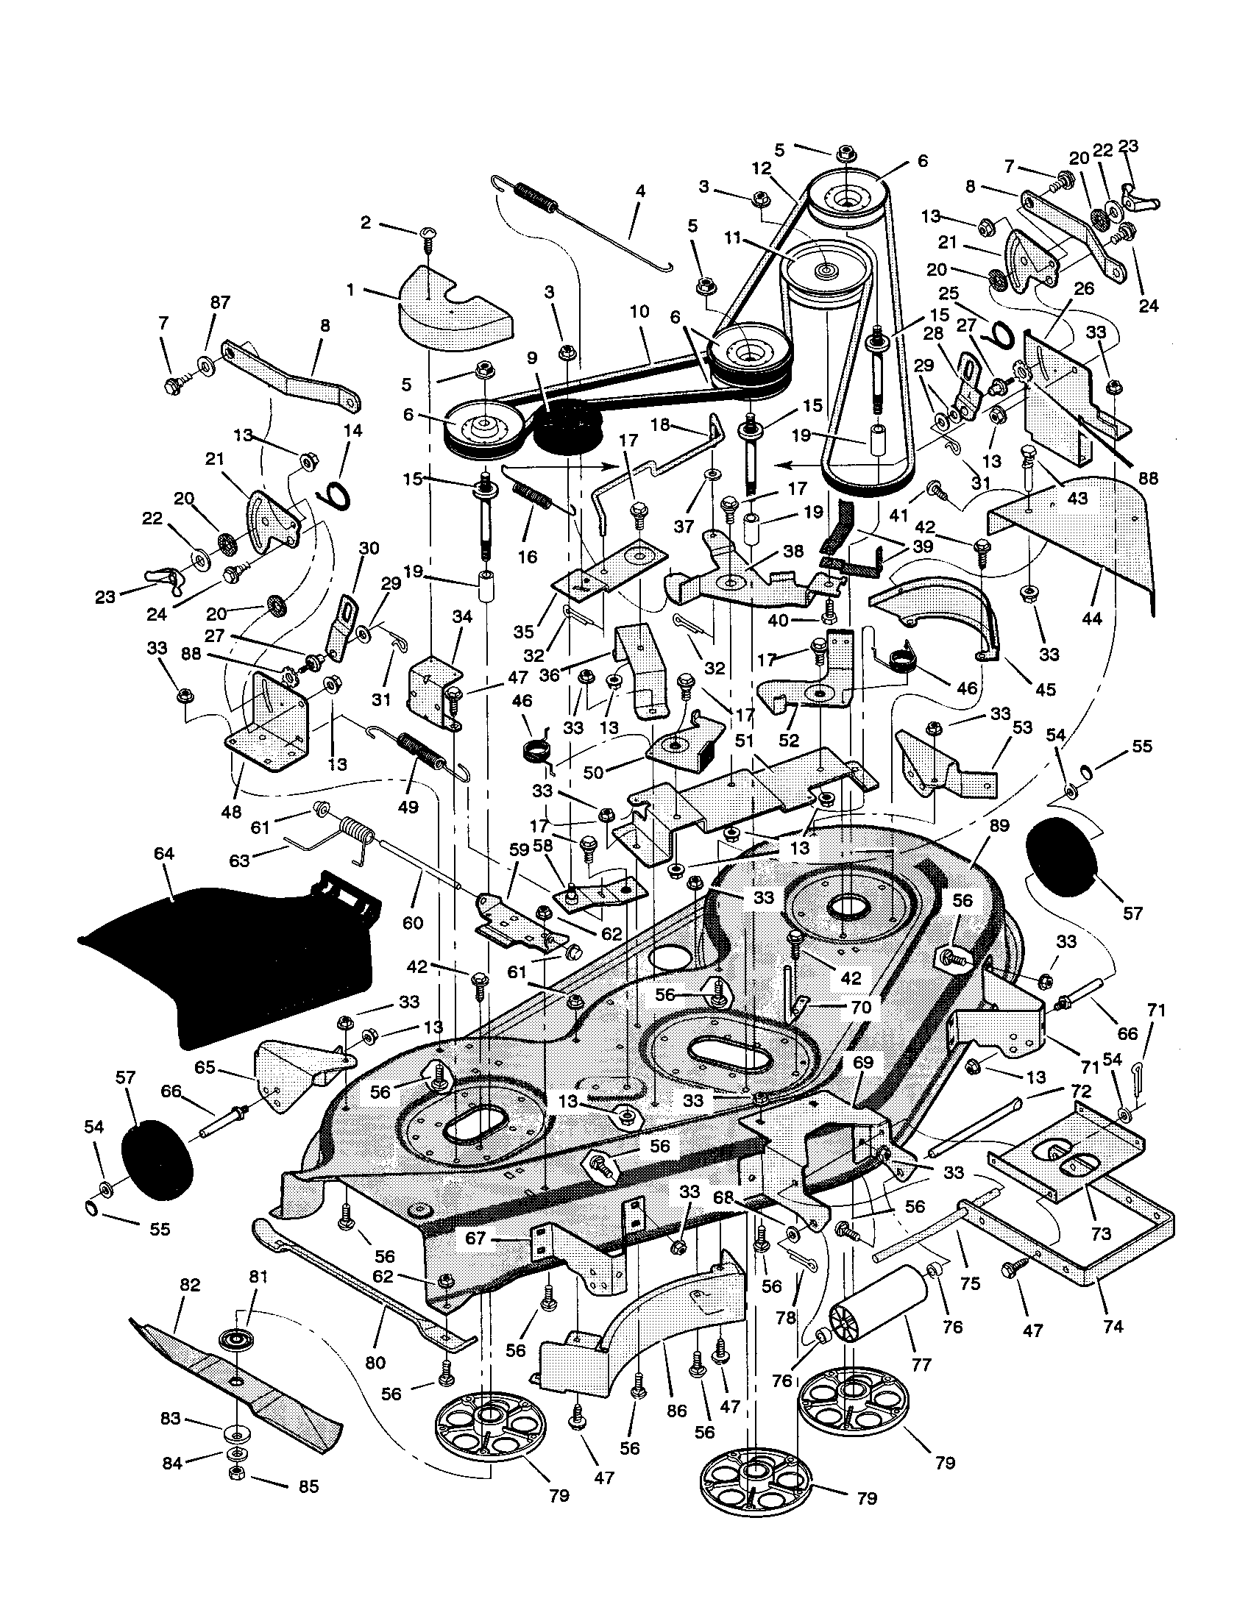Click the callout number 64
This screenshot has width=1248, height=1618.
tap(164, 853)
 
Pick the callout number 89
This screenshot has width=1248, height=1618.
tap(999, 825)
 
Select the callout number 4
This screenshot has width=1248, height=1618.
tap(639, 191)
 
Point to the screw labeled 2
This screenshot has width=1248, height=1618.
tap(428, 235)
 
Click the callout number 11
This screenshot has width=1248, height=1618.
tap(733, 238)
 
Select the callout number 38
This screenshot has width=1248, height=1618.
tap(793, 552)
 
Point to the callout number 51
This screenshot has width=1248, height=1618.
tap(743, 741)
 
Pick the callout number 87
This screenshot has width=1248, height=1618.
tap(220, 302)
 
